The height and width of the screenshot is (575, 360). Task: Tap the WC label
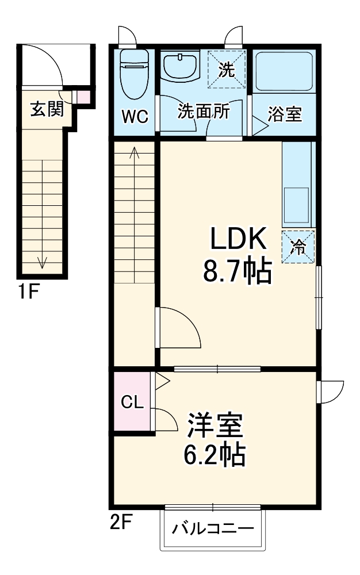tap(135, 116)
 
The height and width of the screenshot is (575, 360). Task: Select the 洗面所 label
tap(203, 111)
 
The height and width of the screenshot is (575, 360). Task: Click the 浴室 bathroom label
tap(285, 114)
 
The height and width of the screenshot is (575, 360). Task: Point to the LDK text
tap(237, 240)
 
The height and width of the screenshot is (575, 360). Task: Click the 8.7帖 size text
tap(236, 272)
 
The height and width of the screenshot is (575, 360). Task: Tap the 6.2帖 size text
tap(215, 455)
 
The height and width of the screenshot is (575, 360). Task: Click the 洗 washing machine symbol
tap(227, 70)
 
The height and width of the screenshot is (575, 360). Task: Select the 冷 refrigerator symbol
tap(298, 247)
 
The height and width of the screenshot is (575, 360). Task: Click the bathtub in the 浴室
tap(284, 72)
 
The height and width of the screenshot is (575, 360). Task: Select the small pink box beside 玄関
tap(84, 97)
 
